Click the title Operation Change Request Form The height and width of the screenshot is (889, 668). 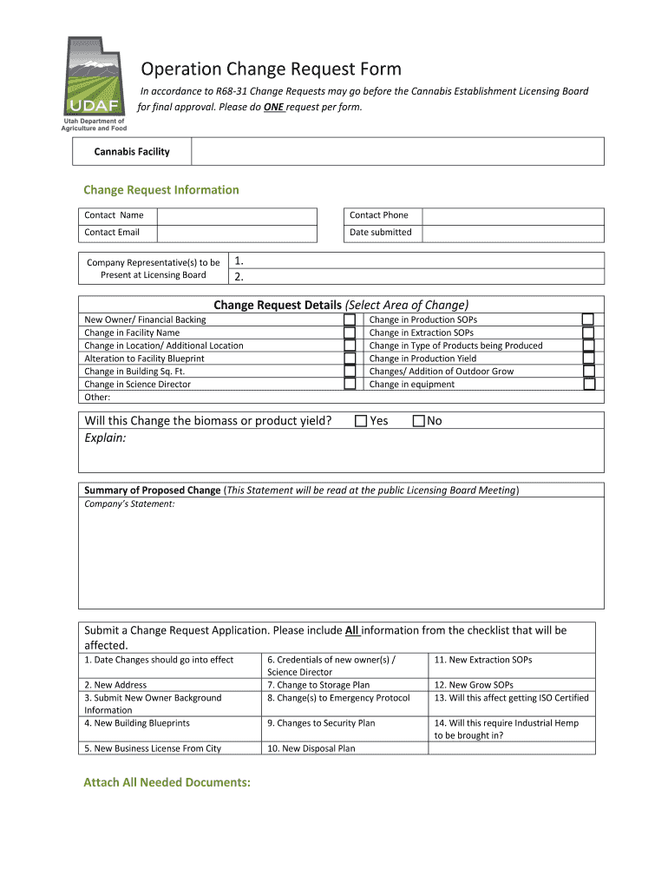[x=271, y=69]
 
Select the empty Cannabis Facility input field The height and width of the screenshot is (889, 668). [x=396, y=152]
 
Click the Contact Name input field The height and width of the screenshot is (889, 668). [x=237, y=215]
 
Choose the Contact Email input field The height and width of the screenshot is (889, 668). [x=237, y=233]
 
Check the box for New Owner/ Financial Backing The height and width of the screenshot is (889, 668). [x=350, y=319]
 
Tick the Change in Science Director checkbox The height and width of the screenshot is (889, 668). [x=350, y=384]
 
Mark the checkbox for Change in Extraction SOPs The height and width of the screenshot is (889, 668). [x=588, y=333]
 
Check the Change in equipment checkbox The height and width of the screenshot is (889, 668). [x=588, y=384]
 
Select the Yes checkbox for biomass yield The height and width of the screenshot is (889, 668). [x=361, y=421]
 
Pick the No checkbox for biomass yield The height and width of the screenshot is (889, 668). [x=419, y=421]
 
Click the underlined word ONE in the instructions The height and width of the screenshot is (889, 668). [x=273, y=108]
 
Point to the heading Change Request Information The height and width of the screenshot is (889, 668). [x=160, y=190]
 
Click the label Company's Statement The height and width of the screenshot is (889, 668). [x=129, y=504]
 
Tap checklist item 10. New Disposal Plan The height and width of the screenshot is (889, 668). [x=311, y=748]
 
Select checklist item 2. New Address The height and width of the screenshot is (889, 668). [x=115, y=685]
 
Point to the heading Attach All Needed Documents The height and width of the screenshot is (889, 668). [x=167, y=782]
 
